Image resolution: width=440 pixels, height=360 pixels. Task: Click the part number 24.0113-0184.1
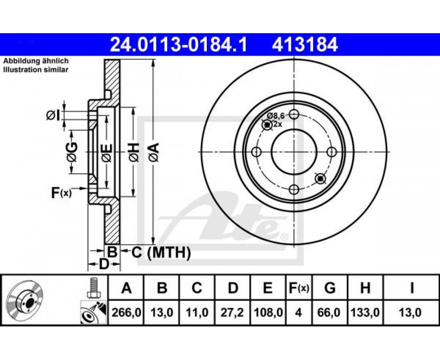(x=178, y=45)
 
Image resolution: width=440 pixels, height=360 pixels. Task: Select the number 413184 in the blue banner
(x=305, y=45)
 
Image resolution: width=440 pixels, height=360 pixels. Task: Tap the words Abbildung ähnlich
(x=36, y=61)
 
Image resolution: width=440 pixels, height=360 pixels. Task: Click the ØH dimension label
(x=134, y=152)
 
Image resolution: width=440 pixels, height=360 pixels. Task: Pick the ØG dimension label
(x=72, y=152)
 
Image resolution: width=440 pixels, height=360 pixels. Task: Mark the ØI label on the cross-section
(x=53, y=115)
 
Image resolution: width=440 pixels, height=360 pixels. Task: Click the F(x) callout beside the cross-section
(x=62, y=193)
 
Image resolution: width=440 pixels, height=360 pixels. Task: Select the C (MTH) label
(x=161, y=252)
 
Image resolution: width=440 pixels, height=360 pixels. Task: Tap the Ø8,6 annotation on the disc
(x=276, y=115)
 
